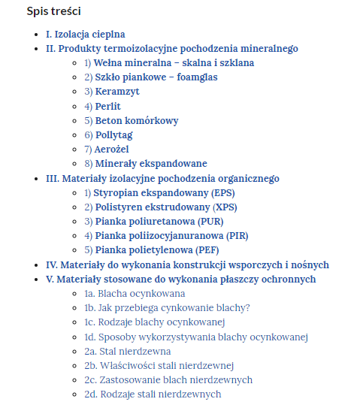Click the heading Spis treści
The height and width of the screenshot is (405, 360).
coord(54,11)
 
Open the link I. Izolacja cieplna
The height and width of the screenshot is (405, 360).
coord(85,35)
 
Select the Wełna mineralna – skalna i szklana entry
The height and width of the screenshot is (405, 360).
coord(174,63)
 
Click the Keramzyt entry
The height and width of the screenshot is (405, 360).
coord(117,92)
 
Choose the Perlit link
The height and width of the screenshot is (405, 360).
coord(107,107)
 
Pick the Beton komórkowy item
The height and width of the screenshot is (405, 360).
coord(137,121)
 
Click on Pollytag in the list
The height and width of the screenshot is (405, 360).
coord(113,135)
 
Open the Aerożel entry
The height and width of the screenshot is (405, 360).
coord(112,150)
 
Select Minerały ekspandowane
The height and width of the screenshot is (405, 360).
coord(151,164)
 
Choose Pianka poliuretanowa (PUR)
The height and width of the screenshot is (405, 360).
coord(159,222)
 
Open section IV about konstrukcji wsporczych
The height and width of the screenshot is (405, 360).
coord(187,264)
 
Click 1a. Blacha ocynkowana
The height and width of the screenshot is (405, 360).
coord(135,294)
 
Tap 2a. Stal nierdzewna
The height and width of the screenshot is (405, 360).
coord(128,352)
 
